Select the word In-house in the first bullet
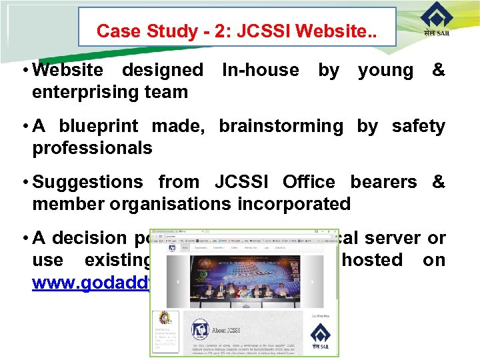point(260,69)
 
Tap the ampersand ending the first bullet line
point(438,69)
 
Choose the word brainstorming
point(281,126)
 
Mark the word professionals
point(92,148)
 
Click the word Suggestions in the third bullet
point(87,182)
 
